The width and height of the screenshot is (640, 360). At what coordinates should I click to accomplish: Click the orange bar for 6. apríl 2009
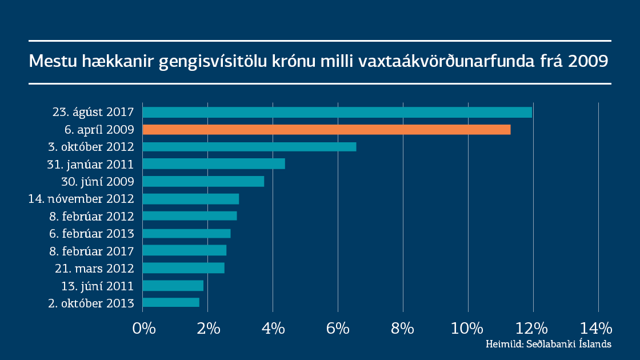[x=326, y=130]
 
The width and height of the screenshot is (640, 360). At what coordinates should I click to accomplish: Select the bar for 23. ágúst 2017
[x=337, y=112]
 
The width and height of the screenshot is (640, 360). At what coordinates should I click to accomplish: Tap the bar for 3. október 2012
[x=249, y=147]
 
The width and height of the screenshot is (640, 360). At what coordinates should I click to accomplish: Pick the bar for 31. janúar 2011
[x=214, y=164]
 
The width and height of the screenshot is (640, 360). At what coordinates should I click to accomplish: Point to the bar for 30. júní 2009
[x=203, y=181]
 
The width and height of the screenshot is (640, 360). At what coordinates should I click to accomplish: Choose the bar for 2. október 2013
[x=171, y=302]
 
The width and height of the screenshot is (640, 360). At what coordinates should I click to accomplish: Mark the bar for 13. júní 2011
[x=173, y=285]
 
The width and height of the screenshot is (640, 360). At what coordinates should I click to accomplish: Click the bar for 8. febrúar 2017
[x=185, y=250]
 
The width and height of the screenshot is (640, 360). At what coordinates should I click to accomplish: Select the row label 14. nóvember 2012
[x=81, y=199]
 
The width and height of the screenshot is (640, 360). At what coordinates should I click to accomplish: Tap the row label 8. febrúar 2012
[x=91, y=217]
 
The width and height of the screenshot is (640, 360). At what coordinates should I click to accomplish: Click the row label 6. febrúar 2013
[x=91, y=234]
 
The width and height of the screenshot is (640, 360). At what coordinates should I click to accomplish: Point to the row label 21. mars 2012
[x=95, y=268]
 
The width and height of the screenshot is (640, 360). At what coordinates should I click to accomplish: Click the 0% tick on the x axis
[x=143, y=329]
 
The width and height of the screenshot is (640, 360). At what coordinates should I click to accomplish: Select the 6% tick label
[x=338, y=329]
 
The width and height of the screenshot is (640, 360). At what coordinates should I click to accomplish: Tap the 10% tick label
[x=468, y=329]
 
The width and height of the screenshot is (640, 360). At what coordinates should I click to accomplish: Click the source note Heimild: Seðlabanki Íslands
[x=549, y=344]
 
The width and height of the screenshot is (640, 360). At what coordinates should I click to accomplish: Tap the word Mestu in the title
[x=49, y=61]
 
